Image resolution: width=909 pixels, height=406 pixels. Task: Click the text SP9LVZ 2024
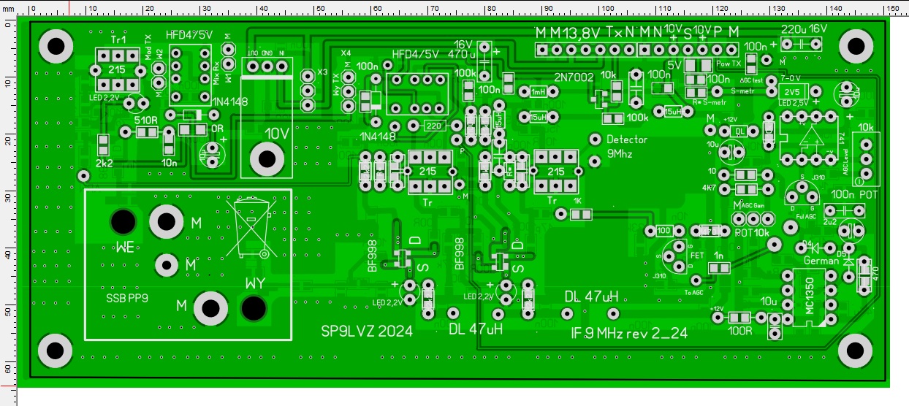(x=367, y=331)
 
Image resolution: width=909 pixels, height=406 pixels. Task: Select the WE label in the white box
(x=124, y=247)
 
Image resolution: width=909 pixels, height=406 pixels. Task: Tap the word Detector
(x=627, y=139)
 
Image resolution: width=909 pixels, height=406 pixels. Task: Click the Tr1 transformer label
(x=117, y=41)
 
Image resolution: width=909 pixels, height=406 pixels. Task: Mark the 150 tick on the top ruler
(x=892, y=7)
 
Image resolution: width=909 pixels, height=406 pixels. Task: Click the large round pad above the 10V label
(x=267, y=157)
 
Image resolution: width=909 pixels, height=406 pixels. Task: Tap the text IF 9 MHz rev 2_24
(x=628, y=333)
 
